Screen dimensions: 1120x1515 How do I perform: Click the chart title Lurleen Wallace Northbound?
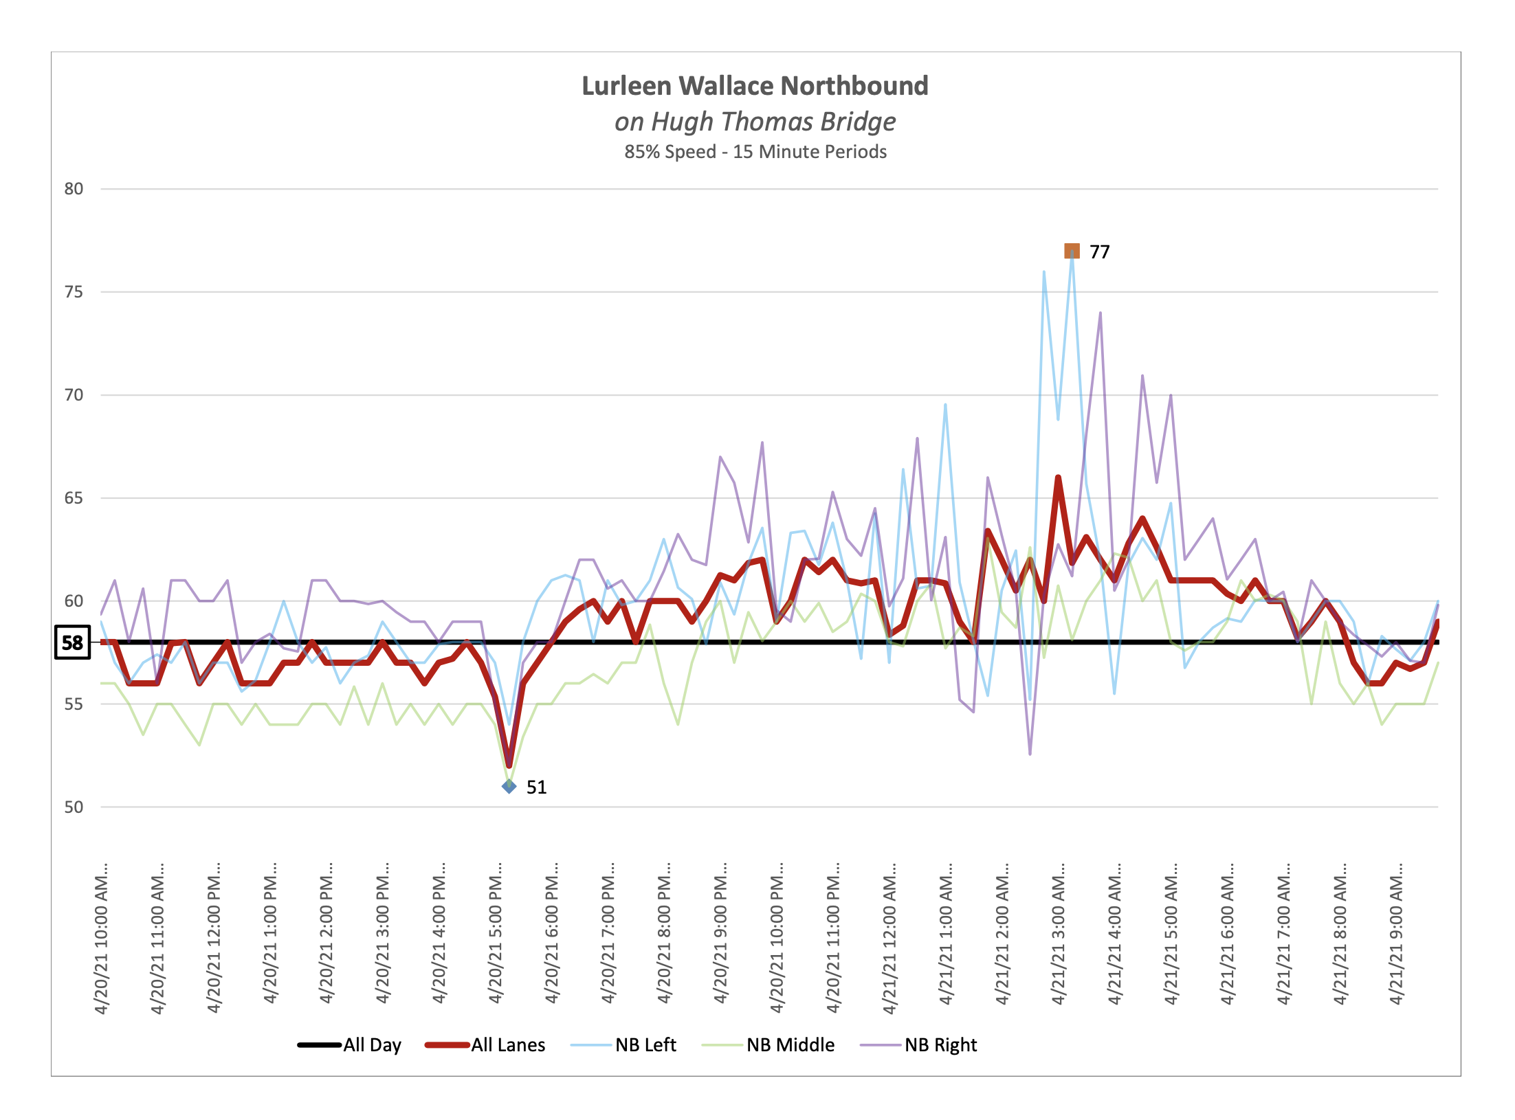[755, 86]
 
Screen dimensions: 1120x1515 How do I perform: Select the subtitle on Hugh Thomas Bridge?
[755, 122]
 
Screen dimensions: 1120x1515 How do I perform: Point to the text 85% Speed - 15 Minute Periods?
[755, 152]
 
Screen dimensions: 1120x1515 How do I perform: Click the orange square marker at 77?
[1072, 251]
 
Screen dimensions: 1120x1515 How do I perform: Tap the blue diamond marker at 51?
[509, 787]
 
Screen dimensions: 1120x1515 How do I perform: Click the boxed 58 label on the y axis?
[72, 642]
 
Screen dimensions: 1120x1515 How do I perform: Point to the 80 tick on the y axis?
[74, 189]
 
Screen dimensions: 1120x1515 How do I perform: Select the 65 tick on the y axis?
[74, 498]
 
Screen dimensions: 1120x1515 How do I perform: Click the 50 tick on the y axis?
[74, 807]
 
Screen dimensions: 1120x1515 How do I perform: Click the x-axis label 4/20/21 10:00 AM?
[102, 938]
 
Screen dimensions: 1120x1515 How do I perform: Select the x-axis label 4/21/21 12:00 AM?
[889, 938]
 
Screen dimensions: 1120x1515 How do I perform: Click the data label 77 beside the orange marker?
[1100, 252]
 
